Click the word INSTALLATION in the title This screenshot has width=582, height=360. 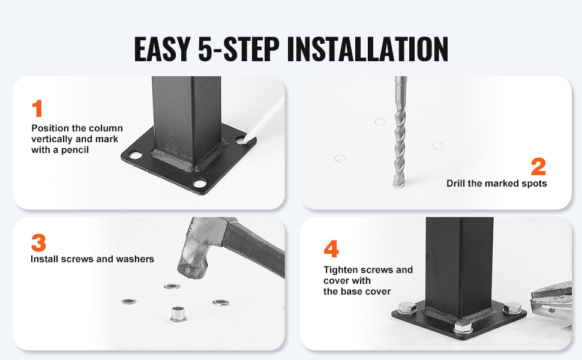pos(367,49)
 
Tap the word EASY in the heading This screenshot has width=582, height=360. pos(162,49)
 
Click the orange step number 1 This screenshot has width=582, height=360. pos(37,109)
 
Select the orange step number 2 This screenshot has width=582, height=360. pos(538,166)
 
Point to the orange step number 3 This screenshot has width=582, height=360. pos(38,243)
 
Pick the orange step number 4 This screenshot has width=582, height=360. pos(331,248)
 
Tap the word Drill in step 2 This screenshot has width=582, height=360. pos(456,184)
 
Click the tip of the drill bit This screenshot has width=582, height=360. pos(398,185)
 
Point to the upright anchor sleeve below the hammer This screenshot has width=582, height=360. pos(178,314)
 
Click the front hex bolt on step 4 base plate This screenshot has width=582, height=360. pos(463,326)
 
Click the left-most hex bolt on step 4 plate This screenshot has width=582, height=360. pos(407,308)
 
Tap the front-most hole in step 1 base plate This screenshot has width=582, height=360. pos(199,184)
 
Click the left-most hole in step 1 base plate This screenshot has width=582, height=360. pos(135,155)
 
